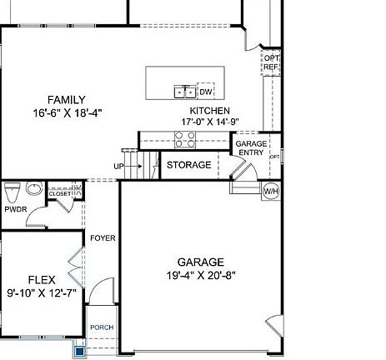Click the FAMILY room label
pyautogui.click(x=66, y=100)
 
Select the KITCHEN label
pyautogui.click(x=209, y=111)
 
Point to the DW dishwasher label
pyautogui.click(x=205, y=92)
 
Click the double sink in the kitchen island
pyautogui.click(x=184, y=92)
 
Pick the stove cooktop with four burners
pyautogui.click(x=185, y=138)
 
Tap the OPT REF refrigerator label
pyautogui.click(x=271, y=62)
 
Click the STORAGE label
pyautogui.click(x=188, y=165)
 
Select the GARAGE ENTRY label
pyautogui.click(x=251, y=148)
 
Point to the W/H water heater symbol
pyautogui.click(x=272, y=192)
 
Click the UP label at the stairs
pyautogui.click(x=119, y=167)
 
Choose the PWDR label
pyautogui.click(x=16, y=209)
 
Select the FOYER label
pyautogui.click(x=103, y=238)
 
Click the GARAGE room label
pyautogui.click(x=200, y=262)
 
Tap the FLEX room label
pyautogui.click(x=42, y=280)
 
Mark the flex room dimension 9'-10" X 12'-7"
pyautogui.click(x=42, y=292)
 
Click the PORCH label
pyautogui.click(x=102, y=327)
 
